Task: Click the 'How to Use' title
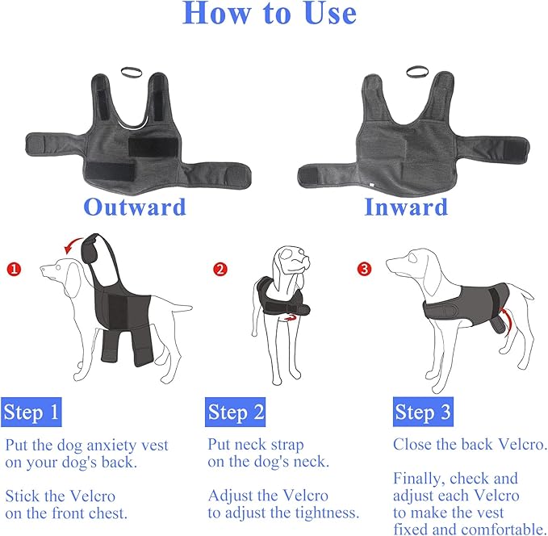(269, 14)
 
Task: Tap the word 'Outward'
(135, 207)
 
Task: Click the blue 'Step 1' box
(31, 413)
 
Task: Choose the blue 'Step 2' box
(236, 413)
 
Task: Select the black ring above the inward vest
(417, 72)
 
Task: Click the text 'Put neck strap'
(257, 445)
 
